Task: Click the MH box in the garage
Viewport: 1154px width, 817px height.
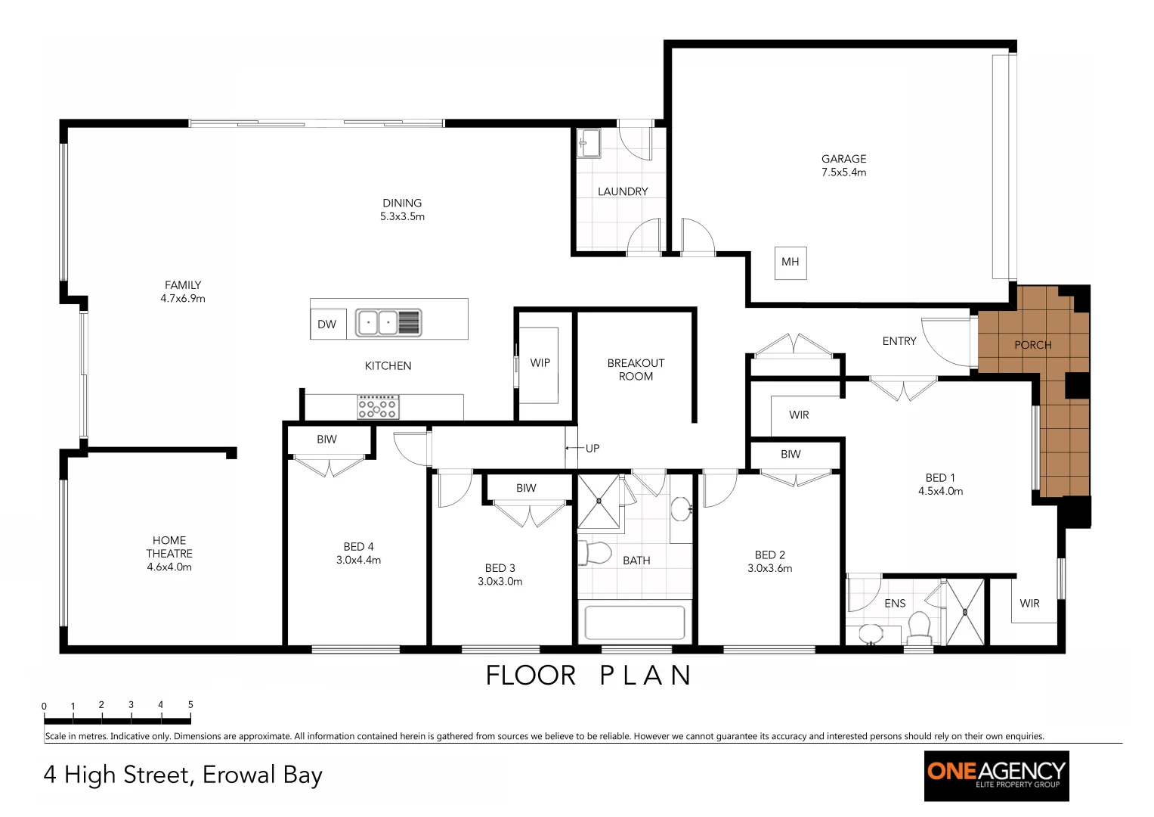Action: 790,262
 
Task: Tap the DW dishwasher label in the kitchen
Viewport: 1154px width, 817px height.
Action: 327,325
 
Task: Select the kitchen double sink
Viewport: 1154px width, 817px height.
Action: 378,322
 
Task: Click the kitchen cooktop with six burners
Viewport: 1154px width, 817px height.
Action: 378,407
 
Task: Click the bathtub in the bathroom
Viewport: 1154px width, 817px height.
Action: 635,623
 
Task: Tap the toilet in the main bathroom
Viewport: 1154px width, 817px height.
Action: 595,553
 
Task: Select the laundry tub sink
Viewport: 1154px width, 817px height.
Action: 589,142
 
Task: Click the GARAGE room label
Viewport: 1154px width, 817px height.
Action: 844,159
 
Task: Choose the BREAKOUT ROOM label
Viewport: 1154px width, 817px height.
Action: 636,370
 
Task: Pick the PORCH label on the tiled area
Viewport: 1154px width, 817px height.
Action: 1032,345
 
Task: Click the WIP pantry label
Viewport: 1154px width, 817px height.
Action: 540,363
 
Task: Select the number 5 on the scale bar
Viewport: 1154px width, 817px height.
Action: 190,704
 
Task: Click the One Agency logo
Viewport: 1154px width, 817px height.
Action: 996,775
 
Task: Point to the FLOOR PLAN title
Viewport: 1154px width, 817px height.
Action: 589,676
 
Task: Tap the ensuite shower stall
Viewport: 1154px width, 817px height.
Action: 966,612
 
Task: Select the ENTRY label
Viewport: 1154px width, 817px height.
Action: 899,342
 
